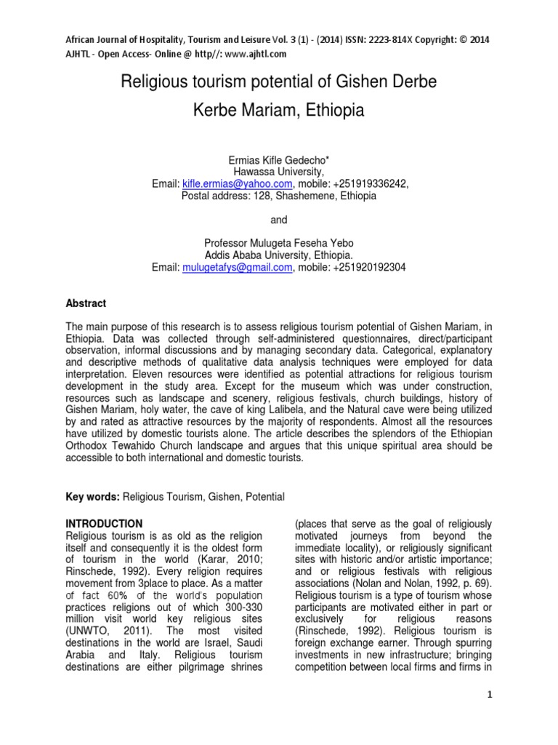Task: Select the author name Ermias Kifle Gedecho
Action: click(279, 160)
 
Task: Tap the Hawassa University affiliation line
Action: click(279, 172)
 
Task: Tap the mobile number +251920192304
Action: click(361, 268)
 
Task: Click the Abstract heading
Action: click(86, 303)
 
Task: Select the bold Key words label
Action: click(92, 496)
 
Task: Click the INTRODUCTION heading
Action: click(104, 524)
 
